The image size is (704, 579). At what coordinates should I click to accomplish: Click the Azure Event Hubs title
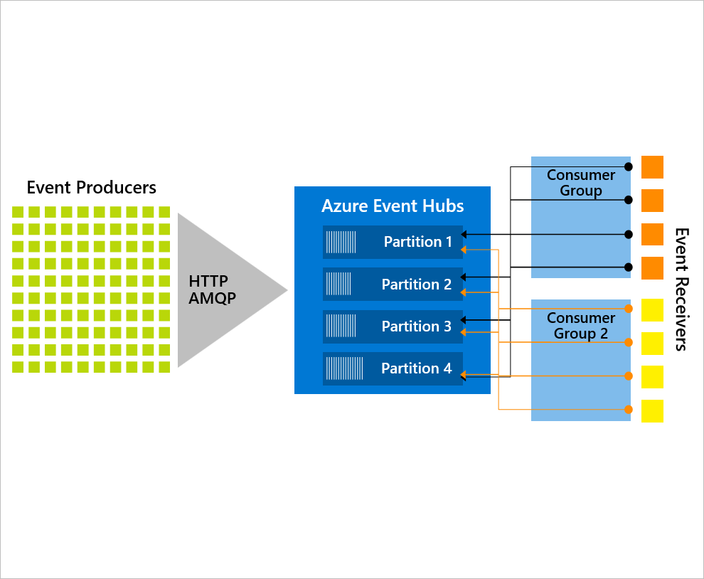click(x=393, y=206)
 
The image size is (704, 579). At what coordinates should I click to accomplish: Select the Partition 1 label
click(x=417, y=242)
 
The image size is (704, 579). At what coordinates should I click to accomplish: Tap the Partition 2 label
click(x=416, y=285)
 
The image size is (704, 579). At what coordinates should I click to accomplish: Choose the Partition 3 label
click(x=416, y=326)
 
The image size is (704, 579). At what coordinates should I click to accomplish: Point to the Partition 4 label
click(x=416, y=368)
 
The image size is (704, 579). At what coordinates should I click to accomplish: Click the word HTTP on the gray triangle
click(x=208, y=281)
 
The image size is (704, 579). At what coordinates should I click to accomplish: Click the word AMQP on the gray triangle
click(x=212, y=298)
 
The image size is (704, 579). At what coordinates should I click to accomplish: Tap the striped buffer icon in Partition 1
click(x=341, y=243)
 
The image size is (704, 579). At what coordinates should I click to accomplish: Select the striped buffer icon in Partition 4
click(x=344, y=368)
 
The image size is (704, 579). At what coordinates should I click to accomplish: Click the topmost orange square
click(x=652, y=167)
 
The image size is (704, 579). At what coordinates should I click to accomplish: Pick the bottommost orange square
click(x=652, y=268)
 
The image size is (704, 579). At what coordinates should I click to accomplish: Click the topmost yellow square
click(x=652, y=310)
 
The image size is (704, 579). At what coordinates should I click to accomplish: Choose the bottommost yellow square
click(x=652, y=411)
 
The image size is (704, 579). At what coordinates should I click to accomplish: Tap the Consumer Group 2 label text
click(x=581, y=326)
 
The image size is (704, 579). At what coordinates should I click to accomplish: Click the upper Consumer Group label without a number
click(x=581, y=183)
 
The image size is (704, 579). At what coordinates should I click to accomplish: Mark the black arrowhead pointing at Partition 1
click(x=464, y=234)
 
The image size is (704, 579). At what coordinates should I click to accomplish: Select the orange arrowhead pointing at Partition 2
click(x=464, y=292)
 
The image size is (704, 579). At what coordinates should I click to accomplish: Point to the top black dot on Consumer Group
click(x=628, y=166)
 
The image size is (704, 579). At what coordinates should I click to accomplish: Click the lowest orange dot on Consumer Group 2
click(x=628, y=410)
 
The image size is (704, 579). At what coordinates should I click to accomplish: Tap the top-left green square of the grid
click(x=18, y=212)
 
